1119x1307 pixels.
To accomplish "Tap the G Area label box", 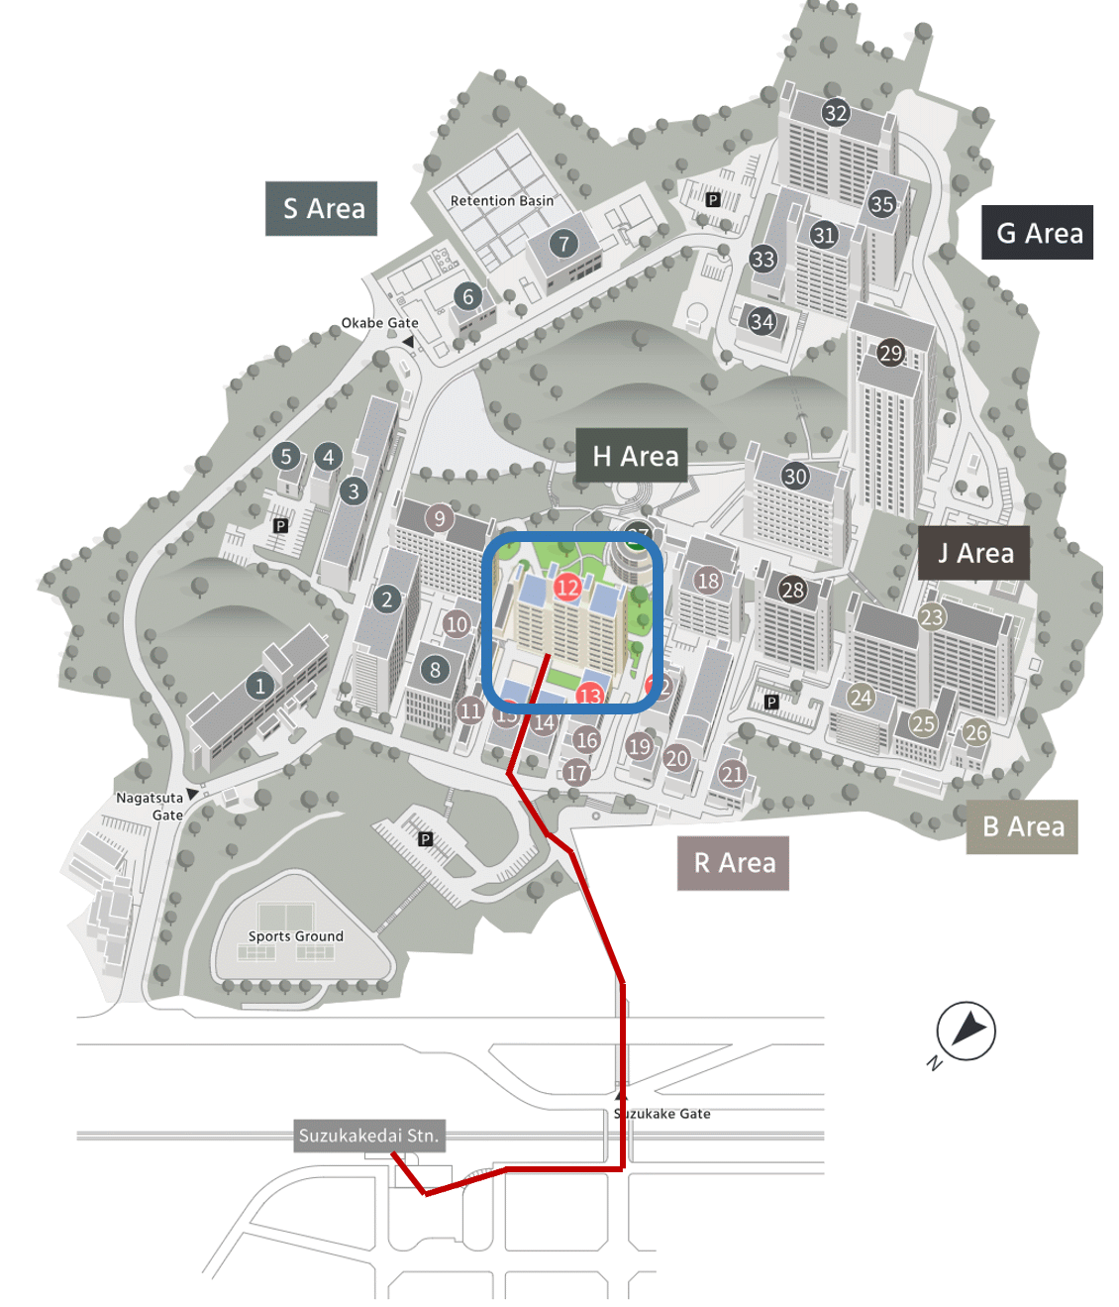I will [x=1038, y=233].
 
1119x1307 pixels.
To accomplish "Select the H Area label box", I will [x=633, y=456].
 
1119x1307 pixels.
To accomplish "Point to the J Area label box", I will [x=974, y=553].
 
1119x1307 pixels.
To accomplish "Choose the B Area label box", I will [x=1022, y=826].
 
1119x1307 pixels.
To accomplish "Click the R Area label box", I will [x=733, y=863].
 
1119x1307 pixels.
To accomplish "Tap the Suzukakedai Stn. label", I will [x=368, y=1136].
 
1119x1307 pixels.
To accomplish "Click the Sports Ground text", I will [x=295, y=936].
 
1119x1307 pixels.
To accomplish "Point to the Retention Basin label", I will [x=501, y=201].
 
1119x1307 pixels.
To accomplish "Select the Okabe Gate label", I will [x=379, y=323].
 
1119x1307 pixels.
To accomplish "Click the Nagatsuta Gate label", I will [x=151, y=806].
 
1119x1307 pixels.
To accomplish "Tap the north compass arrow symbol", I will [x=966, y=1031].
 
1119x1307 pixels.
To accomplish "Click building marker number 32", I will [x=836, y=113].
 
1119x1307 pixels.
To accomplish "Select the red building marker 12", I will [x=567, y=588].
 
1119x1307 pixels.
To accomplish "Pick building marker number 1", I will [x=259, y=685].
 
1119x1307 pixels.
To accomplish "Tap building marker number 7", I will [x=563, y=243].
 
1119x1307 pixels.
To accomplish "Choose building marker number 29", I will [x=890, y=353].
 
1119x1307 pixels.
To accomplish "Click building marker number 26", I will [x=976, y=733].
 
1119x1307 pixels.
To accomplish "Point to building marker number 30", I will [x=795, y=476].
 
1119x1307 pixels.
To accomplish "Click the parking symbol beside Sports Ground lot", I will [x=425, y=839].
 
